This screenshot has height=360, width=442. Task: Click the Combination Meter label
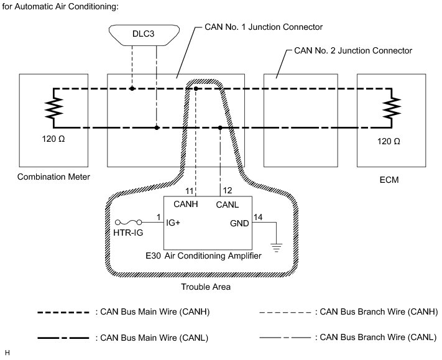point(53,177)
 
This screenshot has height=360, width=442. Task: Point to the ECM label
point(388,180)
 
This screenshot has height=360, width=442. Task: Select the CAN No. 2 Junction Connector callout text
point(352,50)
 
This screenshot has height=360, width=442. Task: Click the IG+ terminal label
point(173,222)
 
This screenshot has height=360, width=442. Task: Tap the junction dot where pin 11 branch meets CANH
point(196,89)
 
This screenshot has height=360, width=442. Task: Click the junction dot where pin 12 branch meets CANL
point(221,128)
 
